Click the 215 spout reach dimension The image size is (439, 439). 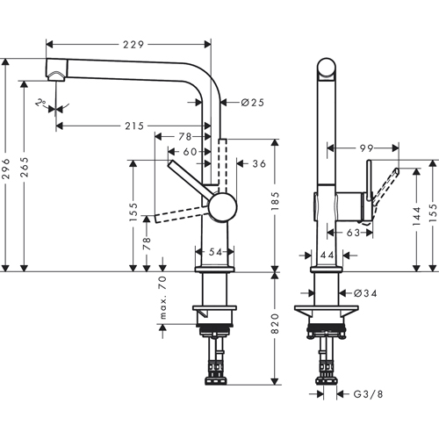click(x=132, y=126)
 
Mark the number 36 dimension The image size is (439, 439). click(x=257, y=163)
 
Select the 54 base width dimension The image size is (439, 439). click(x=215, y=252)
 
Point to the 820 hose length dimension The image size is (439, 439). click(x=274, y=326)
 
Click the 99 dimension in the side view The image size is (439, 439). click(x=366, y=148)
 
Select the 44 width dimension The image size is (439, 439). click(x=326, y=255)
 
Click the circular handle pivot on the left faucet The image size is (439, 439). click(x=220, y=209)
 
